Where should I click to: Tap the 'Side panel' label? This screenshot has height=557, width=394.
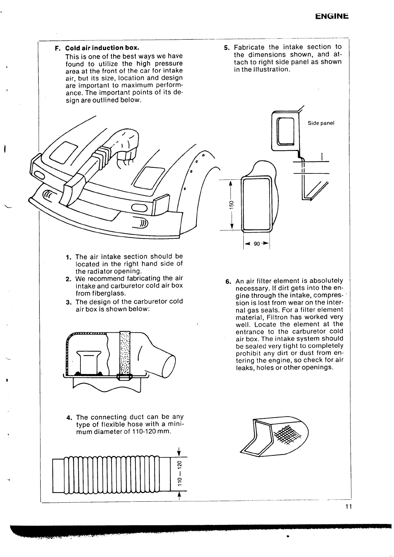pos(321,123)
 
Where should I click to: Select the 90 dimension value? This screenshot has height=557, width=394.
pos(257,244)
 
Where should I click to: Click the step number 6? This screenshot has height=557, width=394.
pos(228,282)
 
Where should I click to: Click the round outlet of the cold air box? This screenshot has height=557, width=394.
pos(170,365)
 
